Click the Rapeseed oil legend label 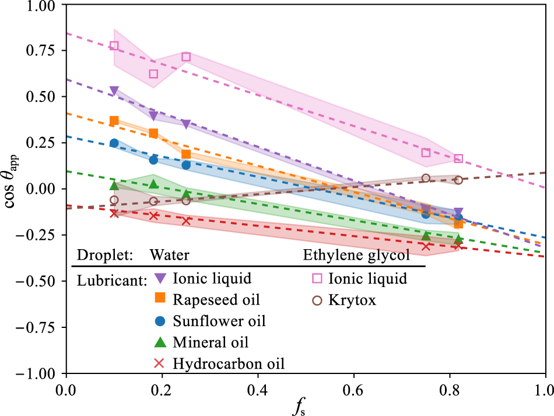(216, 300)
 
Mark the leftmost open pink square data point (114, 46)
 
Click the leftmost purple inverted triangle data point (114, 90)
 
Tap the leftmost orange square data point (114, 121)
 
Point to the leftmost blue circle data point (114, 143)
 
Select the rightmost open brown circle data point (458, 180)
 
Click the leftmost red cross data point (114, 213)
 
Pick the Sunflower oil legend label (219, 321)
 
